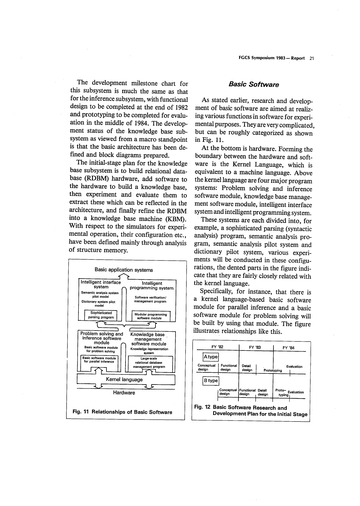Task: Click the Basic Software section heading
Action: click(254, 85)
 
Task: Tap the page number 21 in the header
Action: click(311, 58)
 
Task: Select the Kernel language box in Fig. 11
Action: click(124, 379)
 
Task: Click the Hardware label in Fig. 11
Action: click(124, 393)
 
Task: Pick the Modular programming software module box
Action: click(151, 316)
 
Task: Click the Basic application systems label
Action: click(124, 270)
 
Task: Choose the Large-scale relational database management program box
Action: click(149, 363)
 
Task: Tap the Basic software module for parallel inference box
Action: click(99, 360)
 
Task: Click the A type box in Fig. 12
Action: click(211, 357)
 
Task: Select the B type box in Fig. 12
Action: click(211, 381)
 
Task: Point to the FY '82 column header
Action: click(217, 347)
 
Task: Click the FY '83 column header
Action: click(255, 347)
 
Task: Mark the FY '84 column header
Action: click(288, 348)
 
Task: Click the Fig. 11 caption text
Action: click(123, 412)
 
